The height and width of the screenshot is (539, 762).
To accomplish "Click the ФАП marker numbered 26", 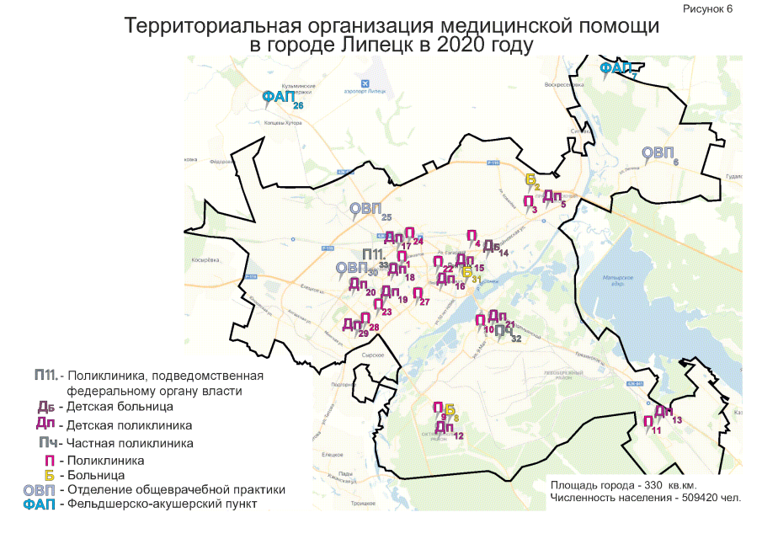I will click(x=279, y=98).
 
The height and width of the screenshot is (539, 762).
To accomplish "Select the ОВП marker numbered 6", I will click(x=658, y=153).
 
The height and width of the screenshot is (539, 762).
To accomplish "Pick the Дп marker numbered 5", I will click(x=552, y=196).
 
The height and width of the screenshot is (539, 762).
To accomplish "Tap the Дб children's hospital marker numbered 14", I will click(x=492, y=245).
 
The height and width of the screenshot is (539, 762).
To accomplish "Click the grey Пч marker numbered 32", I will click(x=503, y=331).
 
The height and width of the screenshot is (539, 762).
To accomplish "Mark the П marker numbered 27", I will click(x=417, y=294).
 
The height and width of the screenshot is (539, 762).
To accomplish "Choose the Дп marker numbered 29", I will click(x=351, y=325).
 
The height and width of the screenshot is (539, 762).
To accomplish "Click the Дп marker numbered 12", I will click(x=445, y=428).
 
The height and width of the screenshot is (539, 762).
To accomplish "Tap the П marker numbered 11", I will click(x=648, y=423).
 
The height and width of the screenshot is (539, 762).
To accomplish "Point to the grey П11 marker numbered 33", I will click(x=374, y=255).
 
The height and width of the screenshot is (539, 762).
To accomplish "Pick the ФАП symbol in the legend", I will click(x=40, y=504).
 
